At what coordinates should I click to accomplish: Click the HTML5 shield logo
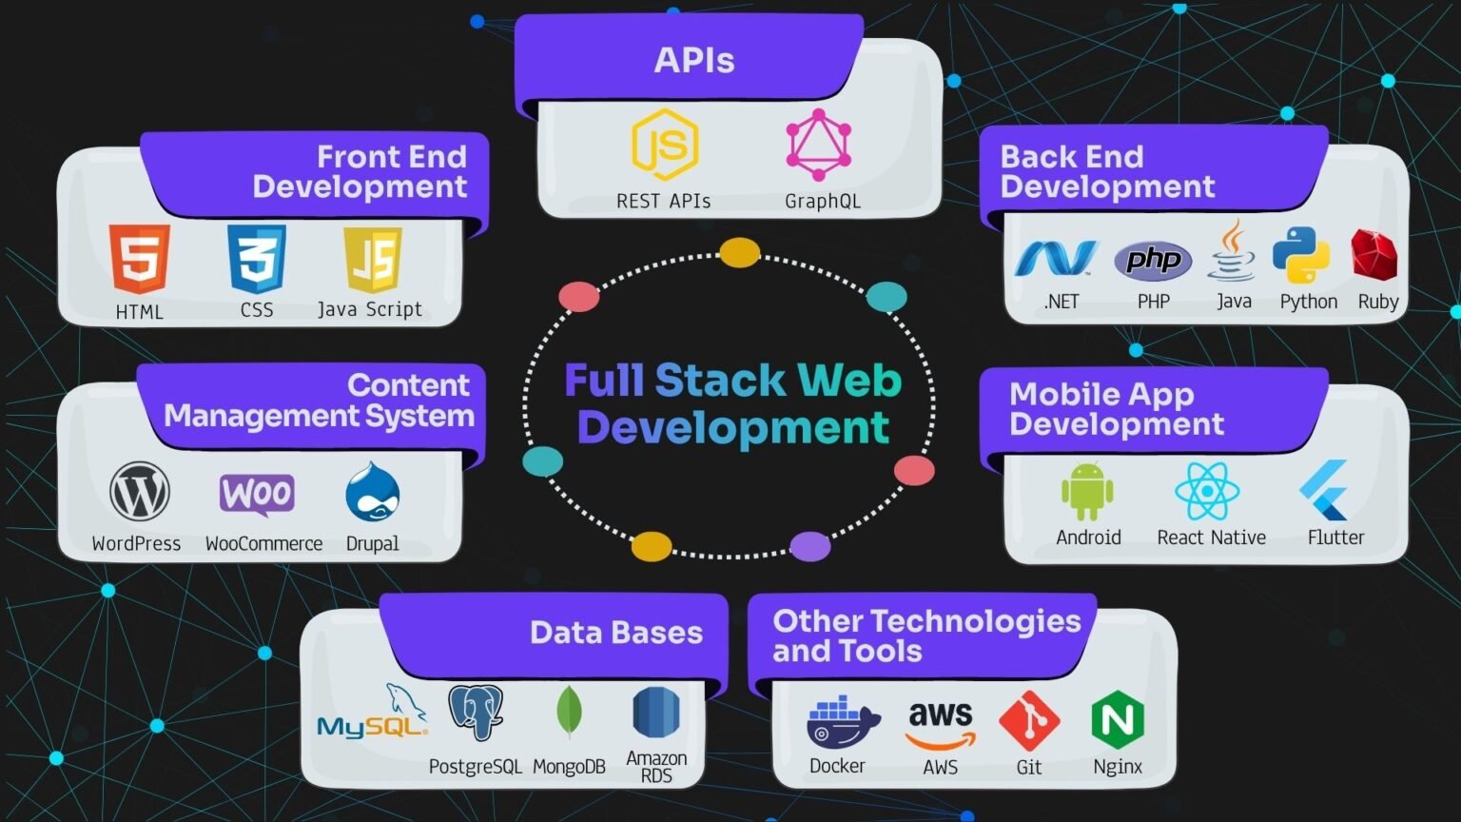[x=140, y=259]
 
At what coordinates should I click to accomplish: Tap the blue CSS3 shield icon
[x=256, y=259]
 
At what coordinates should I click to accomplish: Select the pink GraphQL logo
[x=819, y=145]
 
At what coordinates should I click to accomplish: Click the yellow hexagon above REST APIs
[x=665, y=145]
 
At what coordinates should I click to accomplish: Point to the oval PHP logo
[x=1153, y=261]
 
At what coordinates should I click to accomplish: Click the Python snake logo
[x=1301, y=255]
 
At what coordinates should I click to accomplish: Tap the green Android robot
[x=1087, y=491]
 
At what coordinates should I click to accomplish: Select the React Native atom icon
[x=1207, y=491]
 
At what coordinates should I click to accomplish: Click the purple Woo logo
[x=257, y=495]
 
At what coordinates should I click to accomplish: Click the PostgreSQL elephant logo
[x=476, y=713]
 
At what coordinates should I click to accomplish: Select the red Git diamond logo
[x=1029, y=721]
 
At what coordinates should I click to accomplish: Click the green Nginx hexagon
[x=1118, y=719]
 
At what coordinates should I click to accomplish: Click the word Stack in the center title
[x=720, y=380]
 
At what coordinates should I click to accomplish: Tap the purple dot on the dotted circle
[x=810, y=546]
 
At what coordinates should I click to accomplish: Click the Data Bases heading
[x=616, y=632]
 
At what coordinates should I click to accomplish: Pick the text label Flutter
[x=1335, y=538]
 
